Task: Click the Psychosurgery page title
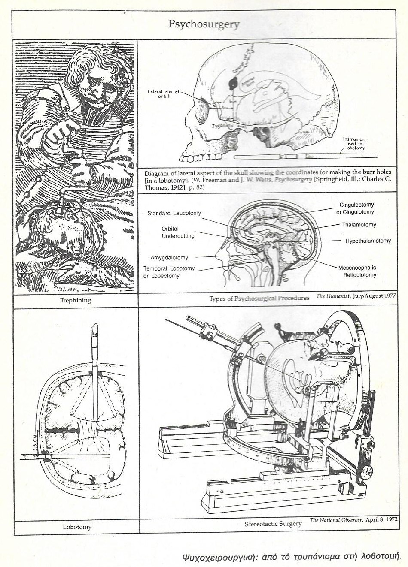point(204,24)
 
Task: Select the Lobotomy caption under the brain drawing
point(77,527)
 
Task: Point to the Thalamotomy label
point(359,225)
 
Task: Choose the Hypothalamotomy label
point(368,241)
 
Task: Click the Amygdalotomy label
point(169,258)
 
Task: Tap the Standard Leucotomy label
point(174,213)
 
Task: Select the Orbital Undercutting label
point(178,232)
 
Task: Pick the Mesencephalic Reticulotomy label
point(357,271)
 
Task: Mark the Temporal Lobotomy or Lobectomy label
point(169,272)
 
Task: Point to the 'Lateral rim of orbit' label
point(164,94)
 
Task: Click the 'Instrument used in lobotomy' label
point(354,144)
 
